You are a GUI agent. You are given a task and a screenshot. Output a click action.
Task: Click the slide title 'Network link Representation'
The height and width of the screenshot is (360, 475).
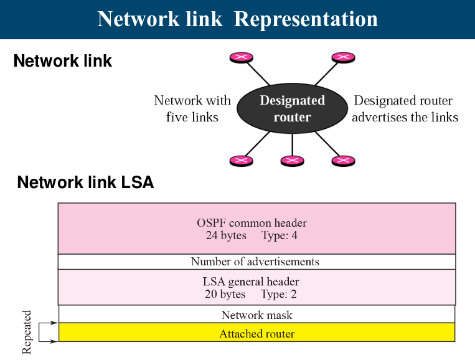coord(237,19)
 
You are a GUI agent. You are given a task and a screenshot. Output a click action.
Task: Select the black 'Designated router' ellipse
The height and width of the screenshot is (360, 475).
coord(292,108)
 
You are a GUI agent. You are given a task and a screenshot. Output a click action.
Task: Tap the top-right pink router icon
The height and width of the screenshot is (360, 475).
coord(343,57)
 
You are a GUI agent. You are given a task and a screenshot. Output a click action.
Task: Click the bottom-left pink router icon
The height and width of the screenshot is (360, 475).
coord(241,161)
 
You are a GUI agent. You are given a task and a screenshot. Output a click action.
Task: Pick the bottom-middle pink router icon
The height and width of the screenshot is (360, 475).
coord(292,161)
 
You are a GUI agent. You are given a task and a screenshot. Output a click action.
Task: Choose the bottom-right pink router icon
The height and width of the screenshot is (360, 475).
coord(343,161)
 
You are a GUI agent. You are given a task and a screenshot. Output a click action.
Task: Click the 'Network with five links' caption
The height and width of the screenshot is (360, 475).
coord(192,108)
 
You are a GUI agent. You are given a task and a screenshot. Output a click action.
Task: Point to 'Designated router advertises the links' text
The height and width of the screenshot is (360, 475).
coord(405,108)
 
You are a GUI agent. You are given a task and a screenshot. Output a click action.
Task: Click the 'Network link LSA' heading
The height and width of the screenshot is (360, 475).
coord(85,183)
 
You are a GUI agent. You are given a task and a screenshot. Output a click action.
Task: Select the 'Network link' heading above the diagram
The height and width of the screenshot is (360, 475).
coord(63,61)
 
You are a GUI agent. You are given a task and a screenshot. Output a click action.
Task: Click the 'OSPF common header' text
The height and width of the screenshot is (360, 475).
coord(252,222)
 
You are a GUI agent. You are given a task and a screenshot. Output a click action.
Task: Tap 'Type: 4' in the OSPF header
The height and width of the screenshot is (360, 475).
coord(281,235)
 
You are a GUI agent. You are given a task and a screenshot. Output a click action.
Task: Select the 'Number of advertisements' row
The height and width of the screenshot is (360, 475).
coord(255,262)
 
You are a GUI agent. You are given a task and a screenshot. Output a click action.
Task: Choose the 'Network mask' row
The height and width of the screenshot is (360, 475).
coord(256,315)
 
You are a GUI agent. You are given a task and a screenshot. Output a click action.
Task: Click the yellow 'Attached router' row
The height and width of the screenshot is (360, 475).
coord(256,333)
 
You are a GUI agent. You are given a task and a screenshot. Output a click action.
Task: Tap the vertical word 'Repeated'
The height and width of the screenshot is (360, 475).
coord(27,332)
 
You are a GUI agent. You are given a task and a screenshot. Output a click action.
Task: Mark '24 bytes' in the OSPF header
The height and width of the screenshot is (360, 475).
coord(225,235)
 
